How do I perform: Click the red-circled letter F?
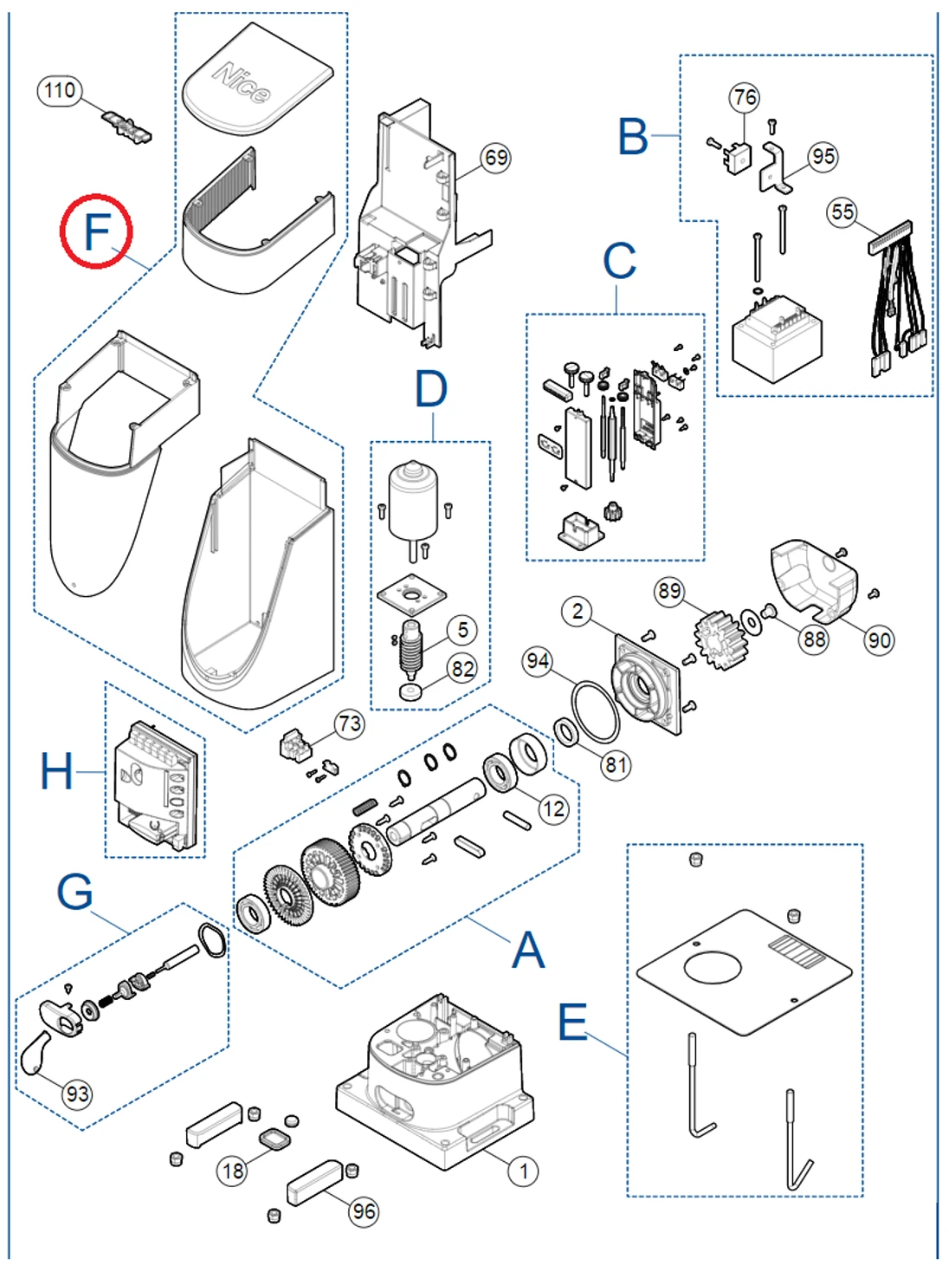coord(96,231)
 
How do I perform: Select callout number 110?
coord(60,90)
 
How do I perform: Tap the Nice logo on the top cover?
coord(242,82)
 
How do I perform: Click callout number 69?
coord(496,158)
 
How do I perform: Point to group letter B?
coord(633,137)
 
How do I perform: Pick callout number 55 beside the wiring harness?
coord(842,211)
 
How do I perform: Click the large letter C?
coord(619,261)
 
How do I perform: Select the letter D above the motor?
coord(431,390)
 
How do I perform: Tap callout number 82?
coord(462,668)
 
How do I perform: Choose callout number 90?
coord(879,640)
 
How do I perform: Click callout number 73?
coord(350,724)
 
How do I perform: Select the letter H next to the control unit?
coord(57,770)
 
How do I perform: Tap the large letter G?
coord(75,891)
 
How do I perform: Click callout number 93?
coord(77,1094)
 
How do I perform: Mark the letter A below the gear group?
coord(528,951)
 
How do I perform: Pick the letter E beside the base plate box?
coord(572,1022)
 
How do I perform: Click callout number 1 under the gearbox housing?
coord(523,1171)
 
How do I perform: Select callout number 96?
coord(364,1211)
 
